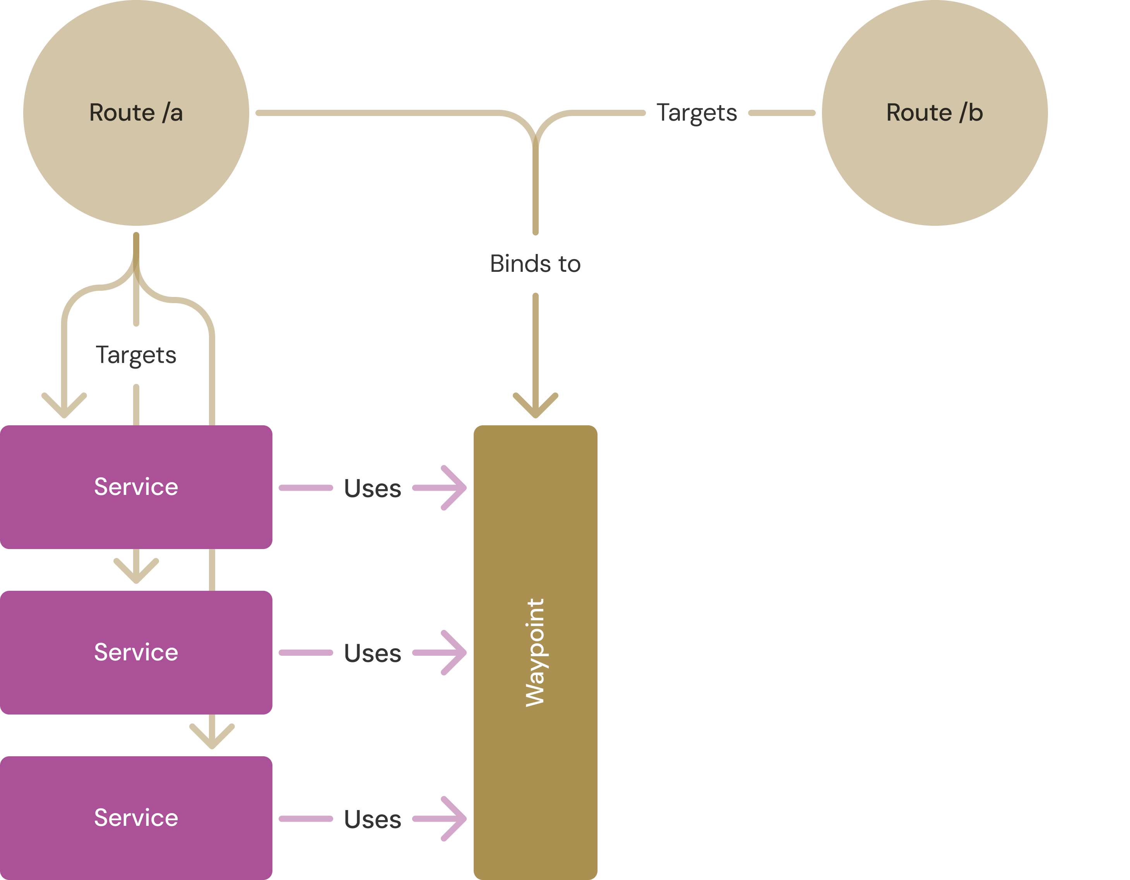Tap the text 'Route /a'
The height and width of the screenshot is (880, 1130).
[136, 113]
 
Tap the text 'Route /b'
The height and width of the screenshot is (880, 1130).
[935, 113]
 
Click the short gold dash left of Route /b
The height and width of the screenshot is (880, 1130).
[782, 113]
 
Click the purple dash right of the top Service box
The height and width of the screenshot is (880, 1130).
[306, 488]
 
